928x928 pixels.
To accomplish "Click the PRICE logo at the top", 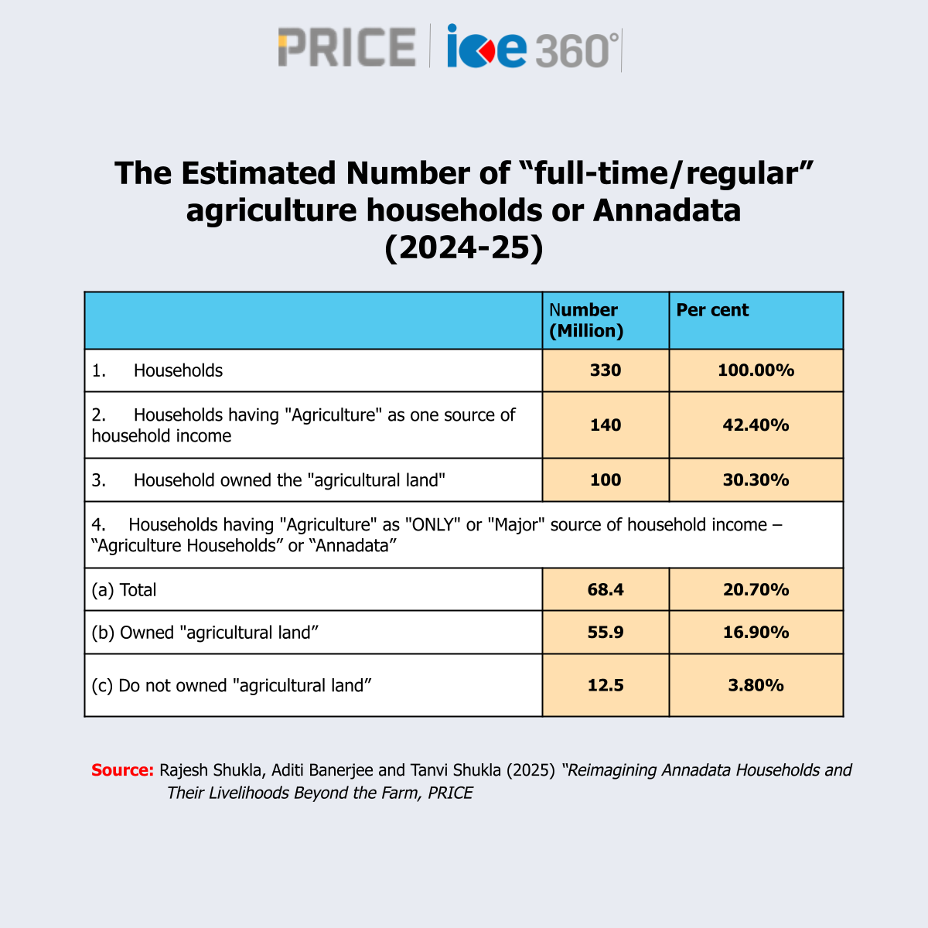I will (x=347, y=47).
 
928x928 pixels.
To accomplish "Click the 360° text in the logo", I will (x=576, y=51).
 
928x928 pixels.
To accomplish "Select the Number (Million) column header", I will (x=586, y=320).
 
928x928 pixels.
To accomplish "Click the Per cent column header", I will (x=712, y=310).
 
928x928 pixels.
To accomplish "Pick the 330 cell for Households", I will (x=606, y=370).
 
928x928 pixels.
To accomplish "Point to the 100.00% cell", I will (x=756, y=370).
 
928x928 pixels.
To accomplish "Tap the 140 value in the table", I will (x=606, y=425).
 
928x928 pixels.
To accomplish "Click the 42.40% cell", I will (x=756, y=425).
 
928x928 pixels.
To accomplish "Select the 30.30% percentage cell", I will (x=756, y=480).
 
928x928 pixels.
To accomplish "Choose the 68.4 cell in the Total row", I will (x=606, y=590).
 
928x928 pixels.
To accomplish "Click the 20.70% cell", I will (x=756, y=590).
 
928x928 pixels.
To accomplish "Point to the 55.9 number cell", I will (x=606, y=633).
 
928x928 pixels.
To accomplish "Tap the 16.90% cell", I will (x=756, y=633).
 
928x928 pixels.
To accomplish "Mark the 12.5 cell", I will (x=606, y=686).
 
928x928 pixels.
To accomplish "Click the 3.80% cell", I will (x=756, y=686).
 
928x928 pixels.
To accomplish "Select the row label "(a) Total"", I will (x=124, y=590).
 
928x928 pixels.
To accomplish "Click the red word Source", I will (x=122, y=770).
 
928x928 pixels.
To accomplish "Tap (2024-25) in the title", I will (x=464, y=247).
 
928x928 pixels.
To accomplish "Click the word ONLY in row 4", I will (x=433, y=525).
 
